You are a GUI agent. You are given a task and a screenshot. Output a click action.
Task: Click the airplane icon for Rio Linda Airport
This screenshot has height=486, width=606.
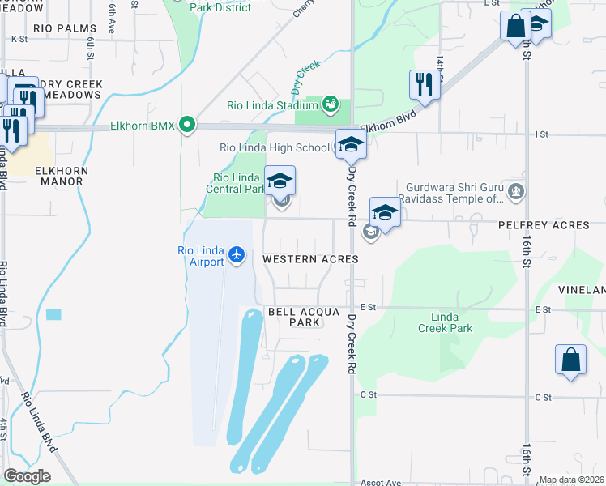[x=237, y=256]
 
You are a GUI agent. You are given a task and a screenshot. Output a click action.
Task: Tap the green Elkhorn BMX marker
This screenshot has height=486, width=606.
[x=188, y=126]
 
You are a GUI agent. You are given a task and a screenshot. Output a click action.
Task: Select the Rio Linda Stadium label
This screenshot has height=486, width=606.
[x=271, y=105]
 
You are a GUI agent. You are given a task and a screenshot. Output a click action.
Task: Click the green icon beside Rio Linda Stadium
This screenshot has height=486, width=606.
[x=331, y=104]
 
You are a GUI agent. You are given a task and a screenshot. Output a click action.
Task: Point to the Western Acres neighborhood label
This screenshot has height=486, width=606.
[x=310, y=259]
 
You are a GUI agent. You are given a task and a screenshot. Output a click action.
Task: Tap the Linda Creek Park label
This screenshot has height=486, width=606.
[x=445, y=322]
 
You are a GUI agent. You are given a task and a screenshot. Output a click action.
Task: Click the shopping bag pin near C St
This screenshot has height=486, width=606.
[x=570, y=360]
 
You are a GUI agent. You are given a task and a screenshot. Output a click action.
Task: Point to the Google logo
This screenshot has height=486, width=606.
[x=27, y=476]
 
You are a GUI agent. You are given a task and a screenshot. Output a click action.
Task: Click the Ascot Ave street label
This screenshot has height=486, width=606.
[x=381, y=483]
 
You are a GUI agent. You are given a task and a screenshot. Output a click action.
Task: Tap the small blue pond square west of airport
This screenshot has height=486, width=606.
[x=53, y=314]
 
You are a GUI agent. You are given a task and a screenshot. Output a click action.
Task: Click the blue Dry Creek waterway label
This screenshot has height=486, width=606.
[x=307, y=77]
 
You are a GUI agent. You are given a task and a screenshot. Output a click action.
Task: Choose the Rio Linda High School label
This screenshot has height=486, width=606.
[x=275, y=147]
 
